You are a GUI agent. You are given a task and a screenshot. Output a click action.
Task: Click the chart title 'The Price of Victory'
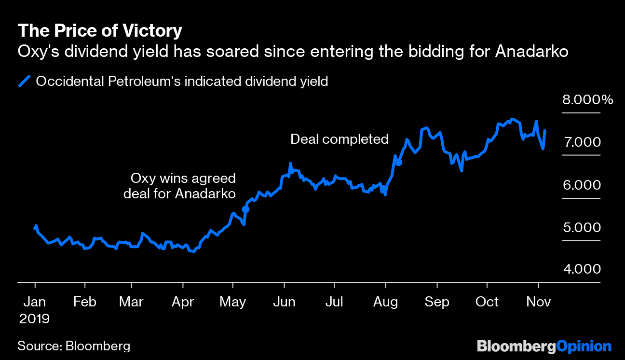[100, 31]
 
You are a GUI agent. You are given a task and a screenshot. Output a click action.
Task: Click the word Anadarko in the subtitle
[531, 51]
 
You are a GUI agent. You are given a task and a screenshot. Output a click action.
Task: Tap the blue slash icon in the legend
[24, 81]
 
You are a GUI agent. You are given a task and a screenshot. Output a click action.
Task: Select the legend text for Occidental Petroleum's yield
[182, 81]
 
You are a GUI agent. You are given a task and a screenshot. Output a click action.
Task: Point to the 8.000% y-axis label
[587, 100]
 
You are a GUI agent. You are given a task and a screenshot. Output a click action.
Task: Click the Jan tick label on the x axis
[35, 302]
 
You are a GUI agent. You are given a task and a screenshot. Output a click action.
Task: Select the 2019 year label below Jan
[35, 319]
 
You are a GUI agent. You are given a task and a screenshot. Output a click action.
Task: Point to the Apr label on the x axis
[182, 302]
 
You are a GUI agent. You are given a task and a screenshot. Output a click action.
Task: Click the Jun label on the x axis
[284, 302]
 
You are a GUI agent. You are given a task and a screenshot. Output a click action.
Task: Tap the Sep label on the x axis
[436, 302]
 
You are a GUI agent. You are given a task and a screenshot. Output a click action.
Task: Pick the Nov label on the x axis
[538, 302]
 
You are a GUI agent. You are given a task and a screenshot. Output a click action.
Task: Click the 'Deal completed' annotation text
[339, 139]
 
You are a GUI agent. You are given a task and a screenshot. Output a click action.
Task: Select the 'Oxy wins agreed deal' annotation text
[179, 186]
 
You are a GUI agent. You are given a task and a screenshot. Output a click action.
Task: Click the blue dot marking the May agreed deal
[245, 209]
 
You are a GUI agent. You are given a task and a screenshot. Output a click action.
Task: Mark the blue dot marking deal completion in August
[398, 162]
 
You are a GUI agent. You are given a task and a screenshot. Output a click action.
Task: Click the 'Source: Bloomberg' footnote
[74, 346]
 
